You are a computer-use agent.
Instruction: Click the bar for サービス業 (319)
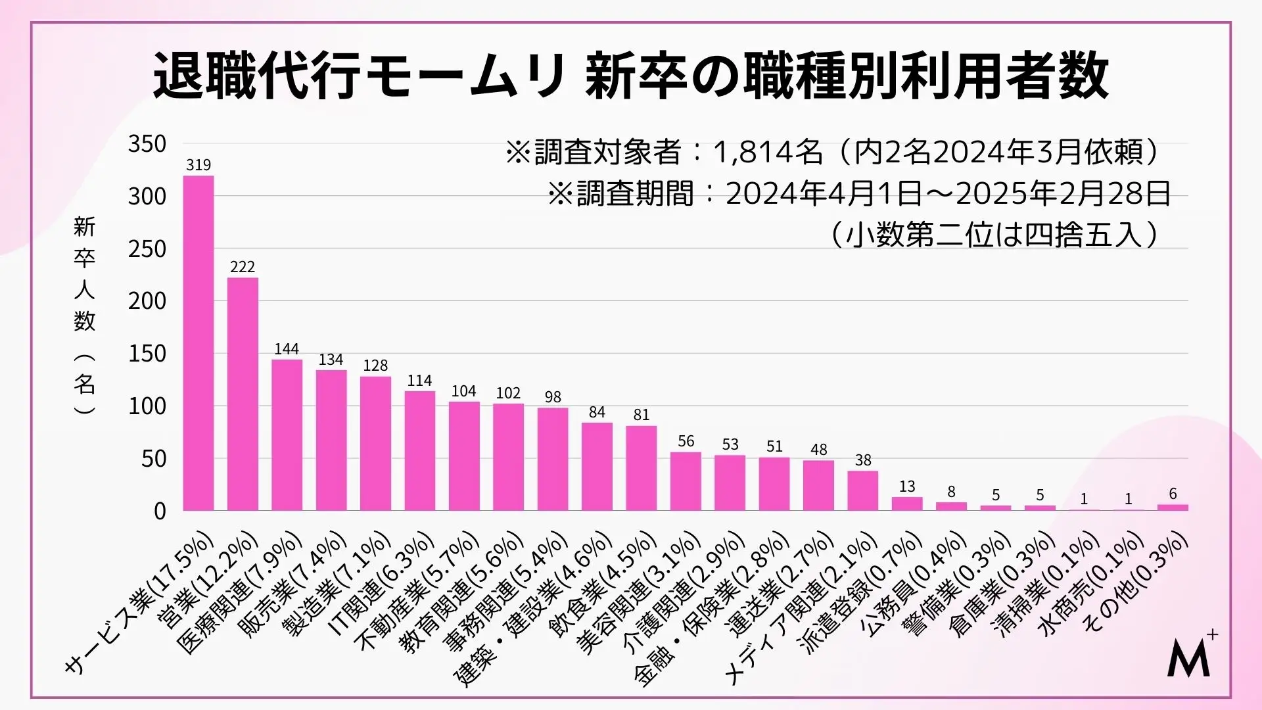click(x=198, y=343)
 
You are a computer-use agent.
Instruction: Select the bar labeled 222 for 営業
click(x=243, y=394)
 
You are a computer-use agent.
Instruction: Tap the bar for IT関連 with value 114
click(x=419, y=450)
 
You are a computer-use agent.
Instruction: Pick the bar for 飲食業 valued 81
click(x=641, y=468)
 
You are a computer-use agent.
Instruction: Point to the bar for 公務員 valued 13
click(x=907, y=504)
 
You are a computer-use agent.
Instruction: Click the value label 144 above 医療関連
click(x=287, y=349)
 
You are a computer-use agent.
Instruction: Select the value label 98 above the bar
click(x=553, y=397)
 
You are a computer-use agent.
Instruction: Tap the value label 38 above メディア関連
click(x=863, y=460)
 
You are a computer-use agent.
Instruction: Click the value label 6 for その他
click(x=1173, y=494)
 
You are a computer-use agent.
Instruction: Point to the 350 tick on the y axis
click(x=147, y=144)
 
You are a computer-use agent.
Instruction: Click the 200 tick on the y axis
click(x=147, y=301)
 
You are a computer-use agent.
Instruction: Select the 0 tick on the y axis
click(x=160, y=511)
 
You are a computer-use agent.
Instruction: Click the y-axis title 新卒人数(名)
click(x=85, y=316)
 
